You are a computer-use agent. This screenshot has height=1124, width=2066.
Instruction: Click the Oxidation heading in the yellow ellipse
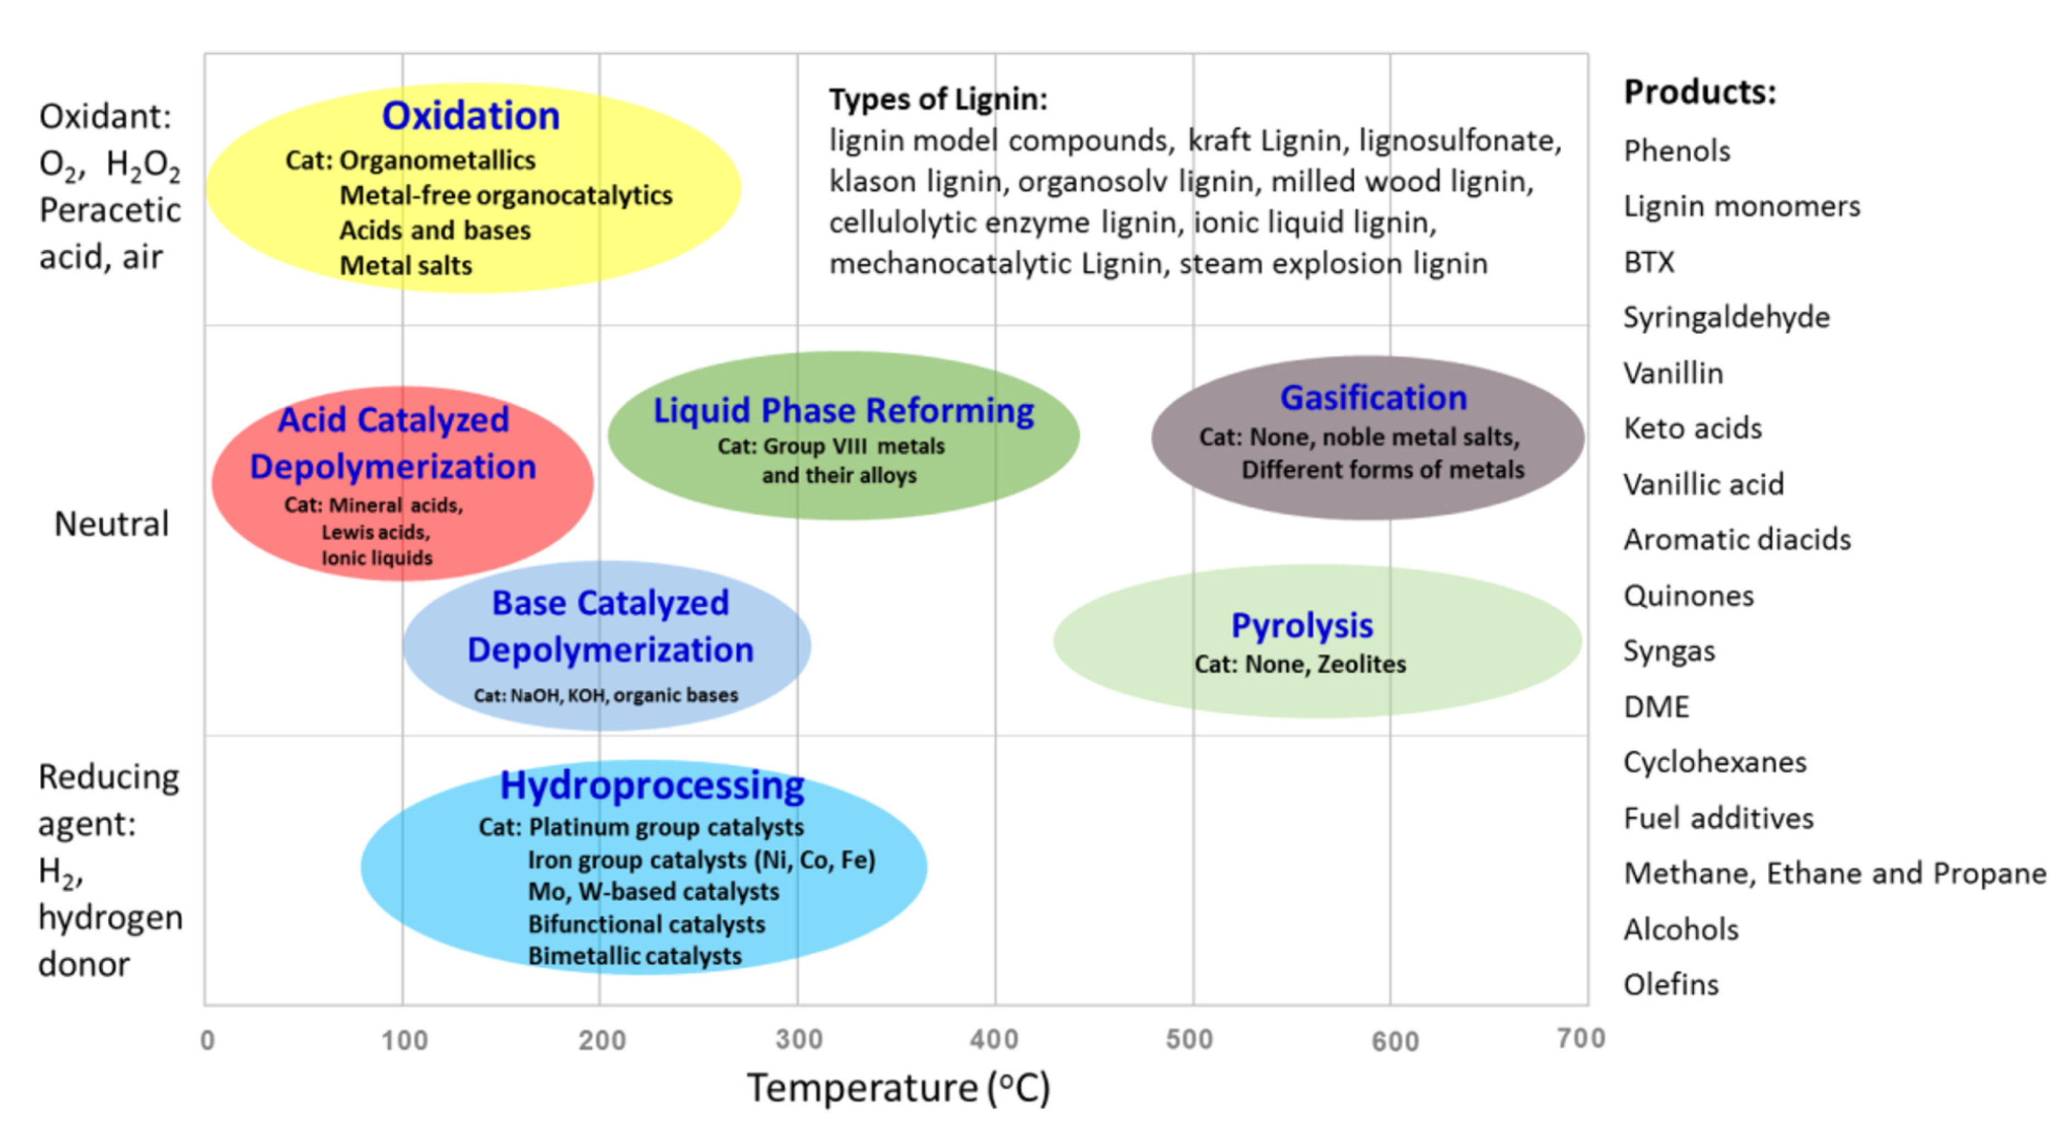pos(471,116)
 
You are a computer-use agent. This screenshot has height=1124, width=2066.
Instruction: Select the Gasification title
pos(1373,398)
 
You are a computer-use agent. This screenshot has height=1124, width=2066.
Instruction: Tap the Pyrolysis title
pos(1302,626)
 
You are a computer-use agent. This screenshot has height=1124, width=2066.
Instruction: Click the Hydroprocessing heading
pos(651,786)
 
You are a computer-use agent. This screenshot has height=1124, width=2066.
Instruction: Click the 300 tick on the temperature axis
pos(799,1040)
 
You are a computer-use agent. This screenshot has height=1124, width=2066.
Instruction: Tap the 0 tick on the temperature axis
pos(208,1040)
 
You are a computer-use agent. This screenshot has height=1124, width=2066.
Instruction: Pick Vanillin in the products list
pos(1673,374)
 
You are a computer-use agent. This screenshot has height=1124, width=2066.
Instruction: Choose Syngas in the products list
pos(1669,651)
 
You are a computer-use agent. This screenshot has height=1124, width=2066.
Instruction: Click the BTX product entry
pos(1649,262)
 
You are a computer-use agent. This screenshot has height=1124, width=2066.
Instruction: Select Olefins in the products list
pos(1671,984)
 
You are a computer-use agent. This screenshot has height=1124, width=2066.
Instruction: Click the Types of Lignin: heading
pos(937,100)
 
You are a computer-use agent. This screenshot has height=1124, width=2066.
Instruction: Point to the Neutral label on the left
pos(112,524)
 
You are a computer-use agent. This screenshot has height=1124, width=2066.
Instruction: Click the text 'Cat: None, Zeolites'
pos(1300,665)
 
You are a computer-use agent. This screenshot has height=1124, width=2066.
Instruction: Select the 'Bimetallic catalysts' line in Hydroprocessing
pos(634,956)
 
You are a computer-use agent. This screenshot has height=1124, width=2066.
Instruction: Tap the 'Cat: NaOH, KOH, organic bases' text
pos(606,695)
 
